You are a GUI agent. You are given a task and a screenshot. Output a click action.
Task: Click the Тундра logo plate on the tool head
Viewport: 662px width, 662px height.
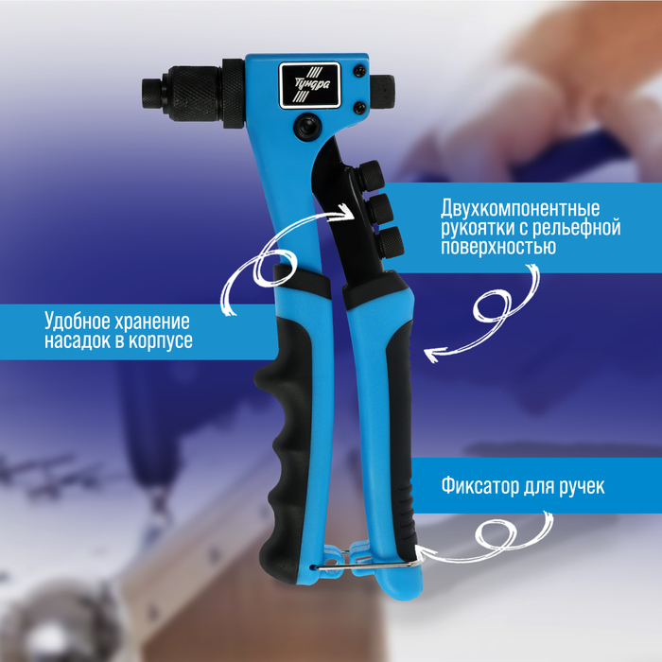309,85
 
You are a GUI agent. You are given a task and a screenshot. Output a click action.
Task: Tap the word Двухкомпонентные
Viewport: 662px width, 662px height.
520,208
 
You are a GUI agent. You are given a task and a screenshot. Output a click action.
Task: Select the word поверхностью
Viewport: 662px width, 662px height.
498,246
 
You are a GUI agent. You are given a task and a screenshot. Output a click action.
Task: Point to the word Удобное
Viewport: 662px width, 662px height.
77,322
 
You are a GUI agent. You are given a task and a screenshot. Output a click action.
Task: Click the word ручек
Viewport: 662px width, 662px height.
582,487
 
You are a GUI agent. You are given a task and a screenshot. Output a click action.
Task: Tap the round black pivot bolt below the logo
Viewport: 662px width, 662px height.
307,126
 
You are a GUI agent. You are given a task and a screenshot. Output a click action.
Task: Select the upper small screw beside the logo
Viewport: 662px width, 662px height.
359,70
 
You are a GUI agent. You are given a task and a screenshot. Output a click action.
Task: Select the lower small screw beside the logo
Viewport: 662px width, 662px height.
359,108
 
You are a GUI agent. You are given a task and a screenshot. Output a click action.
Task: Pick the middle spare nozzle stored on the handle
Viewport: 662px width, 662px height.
379,207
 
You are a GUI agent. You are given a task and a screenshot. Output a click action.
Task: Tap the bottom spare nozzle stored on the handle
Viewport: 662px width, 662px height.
389,241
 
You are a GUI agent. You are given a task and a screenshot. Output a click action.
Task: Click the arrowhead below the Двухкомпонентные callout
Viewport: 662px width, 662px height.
433,354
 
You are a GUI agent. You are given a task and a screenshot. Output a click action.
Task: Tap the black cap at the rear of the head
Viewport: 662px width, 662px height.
382,92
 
